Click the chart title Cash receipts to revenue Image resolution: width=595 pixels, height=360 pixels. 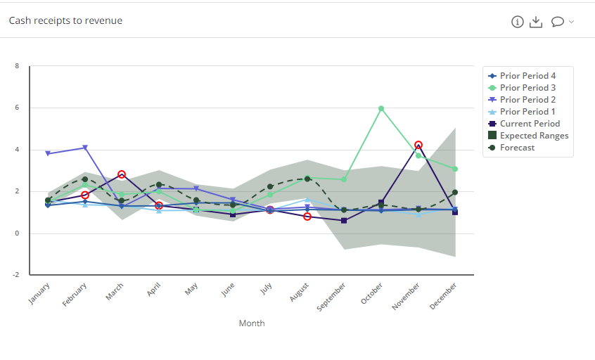click(x=65, y=21)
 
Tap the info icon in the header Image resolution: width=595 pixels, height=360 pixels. click(x=518, y=22)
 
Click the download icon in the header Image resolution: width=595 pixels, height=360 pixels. click(x=536, y=22)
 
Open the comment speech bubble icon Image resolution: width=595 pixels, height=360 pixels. click(x=558, y=22)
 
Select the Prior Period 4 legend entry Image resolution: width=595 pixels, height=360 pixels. click(x=527, y=76)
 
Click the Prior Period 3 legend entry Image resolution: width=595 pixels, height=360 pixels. click(x=527, y=88)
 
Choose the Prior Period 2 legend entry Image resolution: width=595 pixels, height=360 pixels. click(x=527, y=100)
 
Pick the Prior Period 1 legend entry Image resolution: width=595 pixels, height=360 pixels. click(x=527, y=112)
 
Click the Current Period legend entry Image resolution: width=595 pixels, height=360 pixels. click(x=529, y=124)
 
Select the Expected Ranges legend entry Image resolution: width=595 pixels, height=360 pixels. click(x=533, y=136)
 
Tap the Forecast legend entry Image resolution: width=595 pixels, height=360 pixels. click(x=517, y=148)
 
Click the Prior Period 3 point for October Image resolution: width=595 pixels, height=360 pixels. click(x=381, y=108)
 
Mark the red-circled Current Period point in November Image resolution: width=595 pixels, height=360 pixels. click(x=418, y=145)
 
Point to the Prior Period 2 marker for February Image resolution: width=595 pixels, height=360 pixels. click(x=85, y=148)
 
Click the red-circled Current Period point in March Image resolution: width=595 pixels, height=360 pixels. click(x=122, y=174)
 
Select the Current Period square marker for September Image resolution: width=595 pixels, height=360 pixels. click(x=344, y=221)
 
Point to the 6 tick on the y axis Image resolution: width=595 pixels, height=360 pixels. click(x=18, y=108)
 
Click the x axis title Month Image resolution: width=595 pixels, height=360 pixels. click(x=252, y=323)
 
